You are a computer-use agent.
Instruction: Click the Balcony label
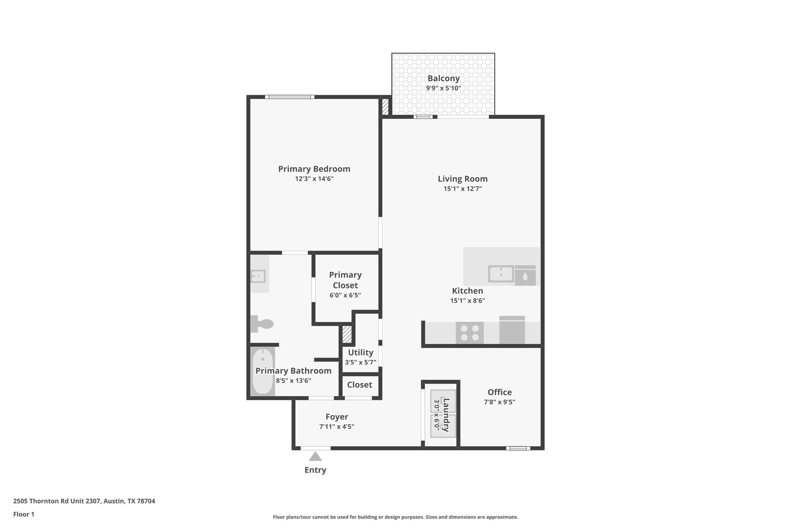coord(443,78)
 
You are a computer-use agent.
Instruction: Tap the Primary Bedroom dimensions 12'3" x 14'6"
coord(314,179)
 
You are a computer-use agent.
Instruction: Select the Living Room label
coord(462,179)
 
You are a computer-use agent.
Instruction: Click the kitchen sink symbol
coord(501,274)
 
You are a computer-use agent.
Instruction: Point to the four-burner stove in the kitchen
coord(470,333)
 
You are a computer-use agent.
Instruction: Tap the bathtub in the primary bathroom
coord(263,371)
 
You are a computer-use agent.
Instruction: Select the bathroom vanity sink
coord(258,276)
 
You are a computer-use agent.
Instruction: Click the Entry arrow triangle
coord(315,456)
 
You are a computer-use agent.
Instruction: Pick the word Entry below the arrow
coord(315,470)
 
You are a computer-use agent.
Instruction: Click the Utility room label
coord(360,352)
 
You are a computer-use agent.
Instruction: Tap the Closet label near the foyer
coord(359,384)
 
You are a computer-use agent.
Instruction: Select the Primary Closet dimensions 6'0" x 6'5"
coord(345,295)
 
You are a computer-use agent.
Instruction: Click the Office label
coord(499,392)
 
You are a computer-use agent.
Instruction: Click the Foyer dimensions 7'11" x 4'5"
coord(336,427)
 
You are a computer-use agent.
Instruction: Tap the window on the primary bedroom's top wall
coord(290,97)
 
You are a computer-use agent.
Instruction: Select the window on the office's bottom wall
coord(518,448)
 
